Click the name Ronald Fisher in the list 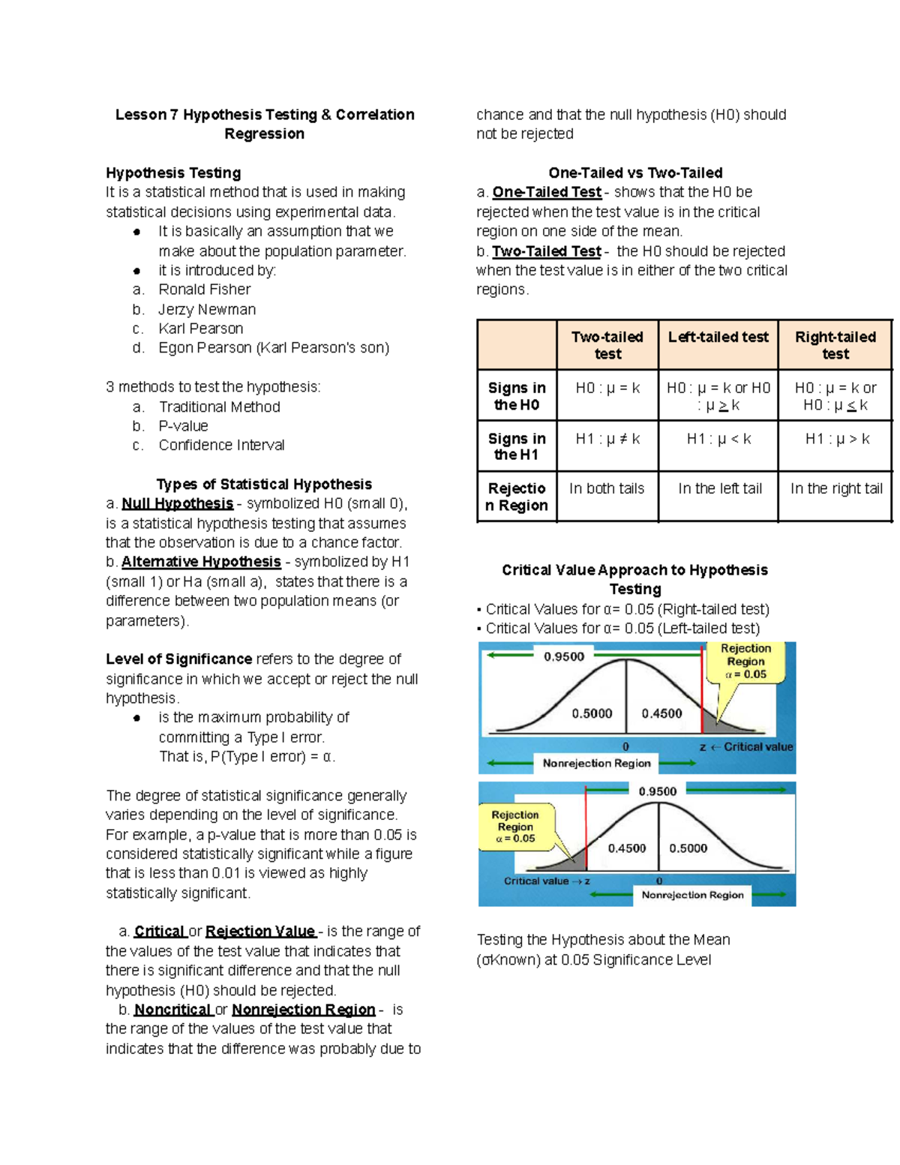click(204, 290)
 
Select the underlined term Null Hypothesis click(177, 503)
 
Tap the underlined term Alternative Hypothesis click(201, 562)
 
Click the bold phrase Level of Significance click(178, 659)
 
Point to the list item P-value click(183, 426)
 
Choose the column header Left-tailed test click(718, 338)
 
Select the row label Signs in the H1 click(516, 446)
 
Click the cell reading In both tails click(606, 488)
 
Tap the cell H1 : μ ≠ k click(607, 439)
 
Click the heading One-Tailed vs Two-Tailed click(635, 173)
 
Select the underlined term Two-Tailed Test click(546, 251)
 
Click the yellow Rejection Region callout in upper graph click(745, 662)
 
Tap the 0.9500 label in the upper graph click(564, 656)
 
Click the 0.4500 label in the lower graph click(626, 848)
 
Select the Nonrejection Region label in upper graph click(596, 763)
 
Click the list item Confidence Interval click(221, 446)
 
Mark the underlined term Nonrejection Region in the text click(303, 1010)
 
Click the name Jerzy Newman click(207, 309)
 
